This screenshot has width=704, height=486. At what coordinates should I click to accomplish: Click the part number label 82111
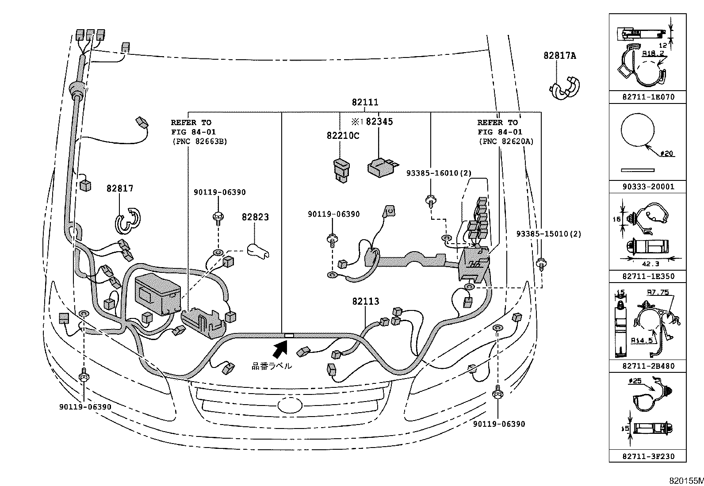point(365,102)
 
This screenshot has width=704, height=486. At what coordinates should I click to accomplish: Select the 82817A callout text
point(560,56)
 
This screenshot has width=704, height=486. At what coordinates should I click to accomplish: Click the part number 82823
point(255,217)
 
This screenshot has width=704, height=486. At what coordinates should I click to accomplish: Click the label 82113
point(366,302)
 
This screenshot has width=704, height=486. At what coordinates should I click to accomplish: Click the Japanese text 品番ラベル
point(272,366)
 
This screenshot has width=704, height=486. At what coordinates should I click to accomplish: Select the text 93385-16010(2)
point(438,173)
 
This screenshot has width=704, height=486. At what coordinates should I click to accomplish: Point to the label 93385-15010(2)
point(548,234)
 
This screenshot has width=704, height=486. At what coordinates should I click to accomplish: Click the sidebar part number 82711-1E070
point(648,97)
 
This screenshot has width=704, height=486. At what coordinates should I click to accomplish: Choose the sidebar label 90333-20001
point(648,187)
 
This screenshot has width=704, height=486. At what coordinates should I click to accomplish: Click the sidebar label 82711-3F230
point(648,456)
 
